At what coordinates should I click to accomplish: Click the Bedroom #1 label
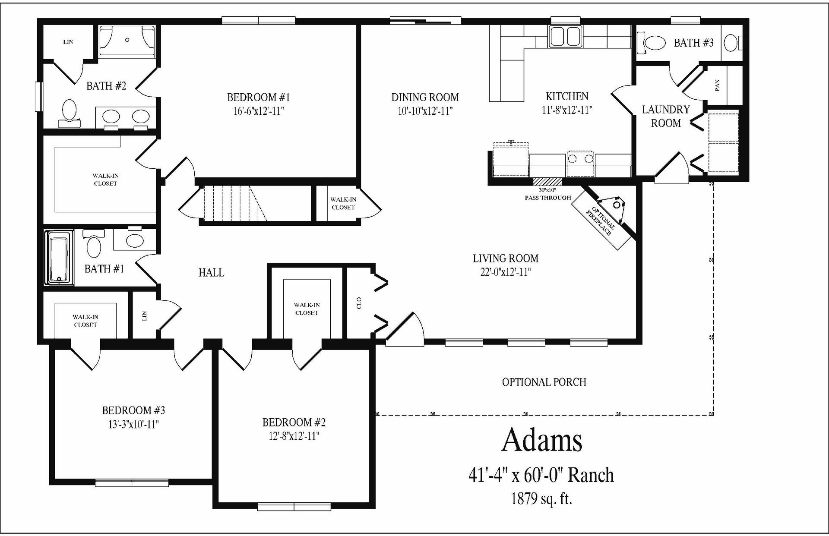258,97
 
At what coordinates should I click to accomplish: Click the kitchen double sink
566,35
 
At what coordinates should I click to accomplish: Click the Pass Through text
547,198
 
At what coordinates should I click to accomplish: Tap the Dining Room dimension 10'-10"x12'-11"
425,111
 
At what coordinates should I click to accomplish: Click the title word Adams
541,440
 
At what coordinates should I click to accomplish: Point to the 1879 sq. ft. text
541,499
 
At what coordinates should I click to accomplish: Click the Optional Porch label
544,382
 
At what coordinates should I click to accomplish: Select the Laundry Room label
665,116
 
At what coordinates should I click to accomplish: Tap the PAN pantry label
717,85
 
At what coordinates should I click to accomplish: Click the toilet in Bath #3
654,43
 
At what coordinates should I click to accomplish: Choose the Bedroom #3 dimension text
133,424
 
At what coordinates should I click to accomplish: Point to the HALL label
211,273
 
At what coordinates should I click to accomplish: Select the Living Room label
506,259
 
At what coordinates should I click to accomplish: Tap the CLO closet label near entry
359,303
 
